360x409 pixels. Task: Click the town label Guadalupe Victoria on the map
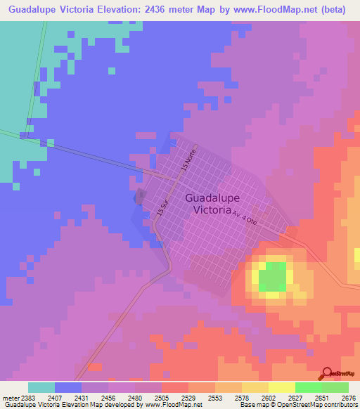point(208,203)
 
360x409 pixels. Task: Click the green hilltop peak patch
point(273,279)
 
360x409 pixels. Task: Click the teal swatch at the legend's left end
point(41,387)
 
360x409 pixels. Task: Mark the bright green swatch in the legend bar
point(308,387)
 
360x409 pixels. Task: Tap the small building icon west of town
point(139,196)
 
